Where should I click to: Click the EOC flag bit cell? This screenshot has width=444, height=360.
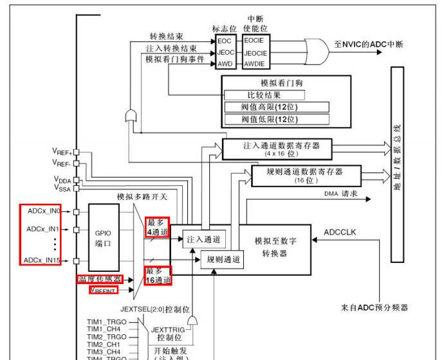click(x=225, y=40)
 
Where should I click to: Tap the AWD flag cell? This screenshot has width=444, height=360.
click(x=225, y=64)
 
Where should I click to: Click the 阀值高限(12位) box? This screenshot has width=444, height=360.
click(x=277, y=107)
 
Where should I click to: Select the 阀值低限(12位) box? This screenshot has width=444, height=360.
click(x=277, y=119)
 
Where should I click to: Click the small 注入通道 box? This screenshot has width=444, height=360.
click(x=203, y=239)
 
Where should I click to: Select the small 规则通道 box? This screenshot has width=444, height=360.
click(x=223, y=260)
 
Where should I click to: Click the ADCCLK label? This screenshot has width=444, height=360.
click(x=340, y=230)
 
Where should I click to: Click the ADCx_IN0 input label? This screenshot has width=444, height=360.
click(x=44, y=210)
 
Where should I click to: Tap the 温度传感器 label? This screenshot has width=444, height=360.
click(x=100, y=279)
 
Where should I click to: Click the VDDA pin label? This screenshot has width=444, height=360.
click(x=62, y=180)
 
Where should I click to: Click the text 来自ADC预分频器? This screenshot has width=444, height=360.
click(x=374, y=307)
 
